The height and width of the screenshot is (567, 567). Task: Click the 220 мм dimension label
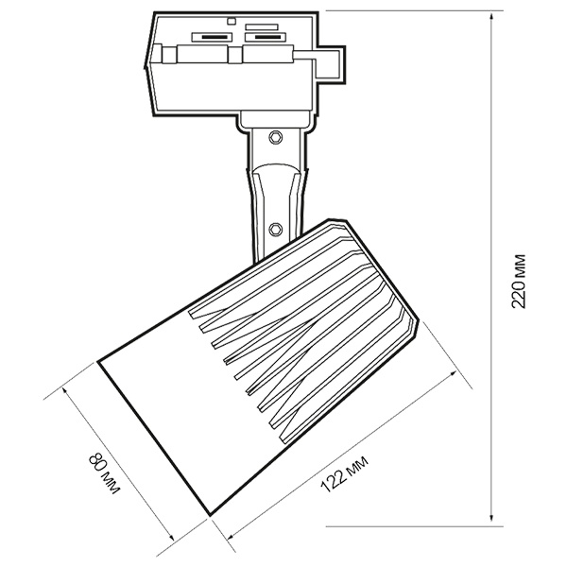[x=518, y=281]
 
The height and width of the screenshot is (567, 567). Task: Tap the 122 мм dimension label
[x=344, y=474]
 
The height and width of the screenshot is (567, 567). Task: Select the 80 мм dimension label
[x=104, y=472]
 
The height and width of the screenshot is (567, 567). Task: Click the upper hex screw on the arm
[x=276, y=137]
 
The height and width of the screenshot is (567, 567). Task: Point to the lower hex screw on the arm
[x=276, y=229]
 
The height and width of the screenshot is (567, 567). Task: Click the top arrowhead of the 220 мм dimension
[x=491, y=18]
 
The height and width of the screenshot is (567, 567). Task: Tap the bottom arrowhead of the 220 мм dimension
[x=491, y=519]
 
